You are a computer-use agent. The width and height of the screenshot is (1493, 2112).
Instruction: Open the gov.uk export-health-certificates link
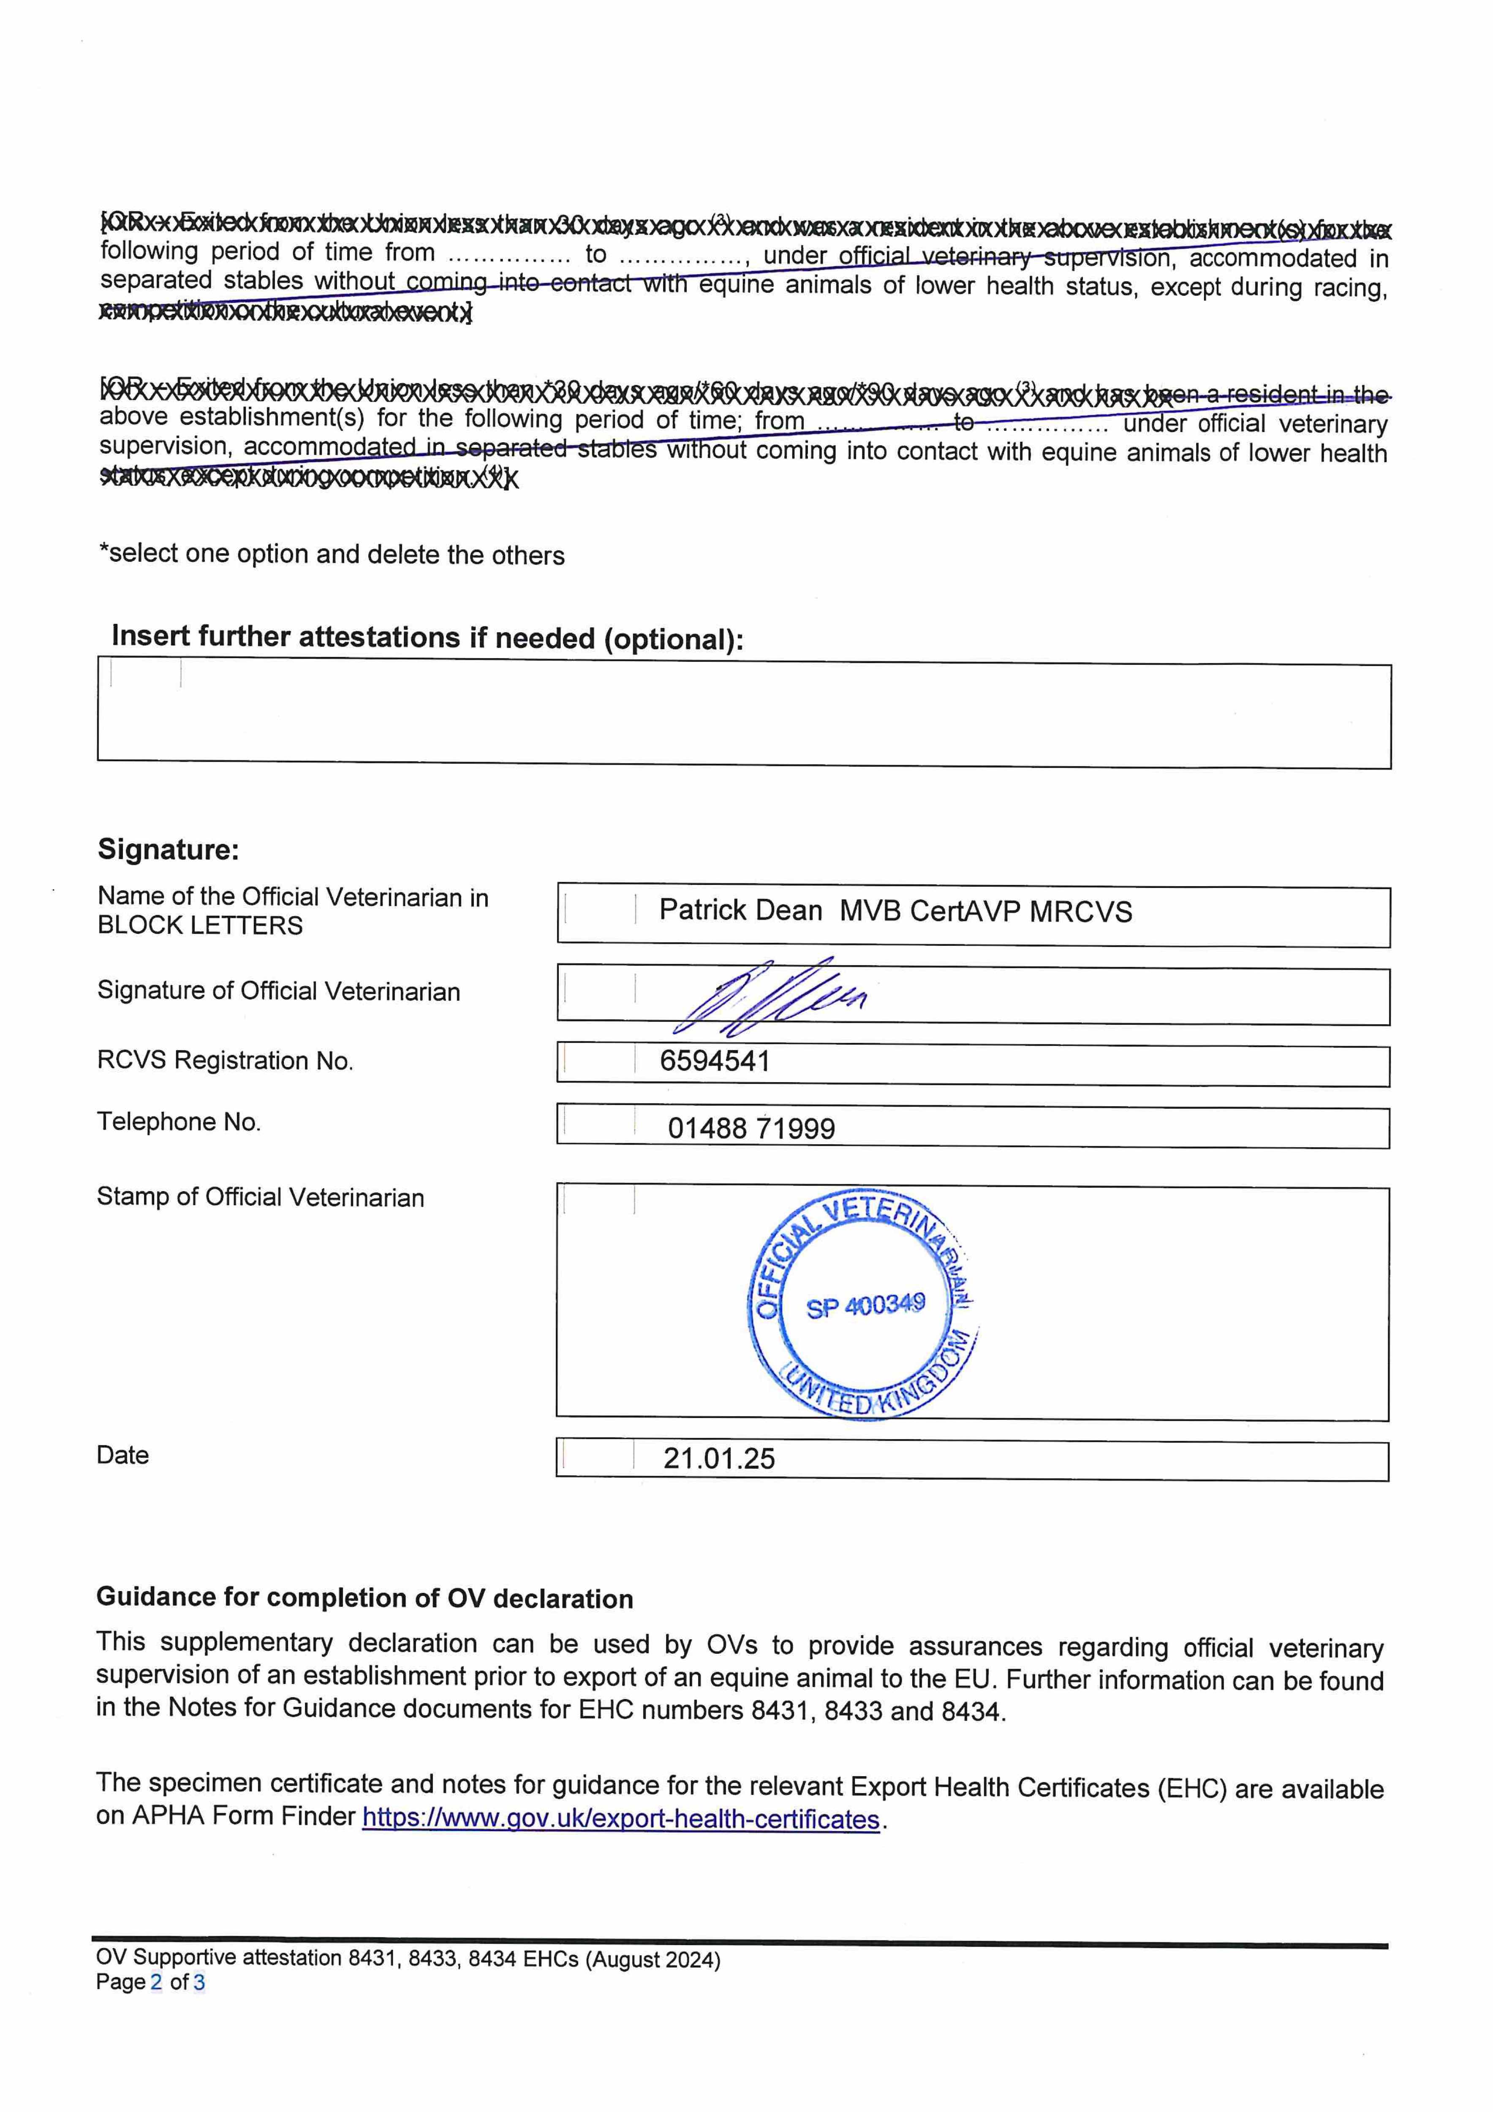(621, 1819)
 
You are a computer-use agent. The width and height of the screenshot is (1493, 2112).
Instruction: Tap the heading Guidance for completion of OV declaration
(364, 1598)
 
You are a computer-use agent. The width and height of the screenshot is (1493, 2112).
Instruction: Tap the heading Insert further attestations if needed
(427, 637)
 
